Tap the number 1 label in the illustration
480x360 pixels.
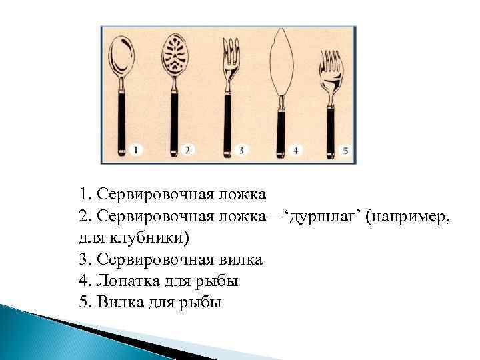pos(137,151)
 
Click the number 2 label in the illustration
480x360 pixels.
pos(189,151)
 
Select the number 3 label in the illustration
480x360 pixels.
pos(241,151)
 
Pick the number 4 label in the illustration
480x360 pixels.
pos(294,151)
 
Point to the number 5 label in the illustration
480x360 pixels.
pos(345,151)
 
